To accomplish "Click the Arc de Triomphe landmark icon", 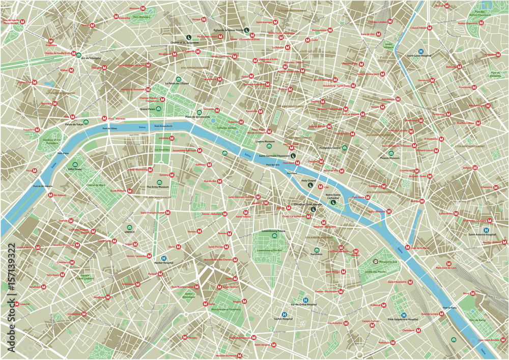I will point(79,54).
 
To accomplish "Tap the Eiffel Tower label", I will point(75,171).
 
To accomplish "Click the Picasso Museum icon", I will point(391,153).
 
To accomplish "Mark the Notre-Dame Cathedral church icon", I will point(333,202).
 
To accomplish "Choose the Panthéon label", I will point(317,257).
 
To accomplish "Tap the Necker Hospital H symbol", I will point(163,258).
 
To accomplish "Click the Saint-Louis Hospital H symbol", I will point(421,51).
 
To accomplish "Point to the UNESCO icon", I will point(129,227).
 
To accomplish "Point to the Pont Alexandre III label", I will point(164,125).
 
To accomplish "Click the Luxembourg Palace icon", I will point(275,236).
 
